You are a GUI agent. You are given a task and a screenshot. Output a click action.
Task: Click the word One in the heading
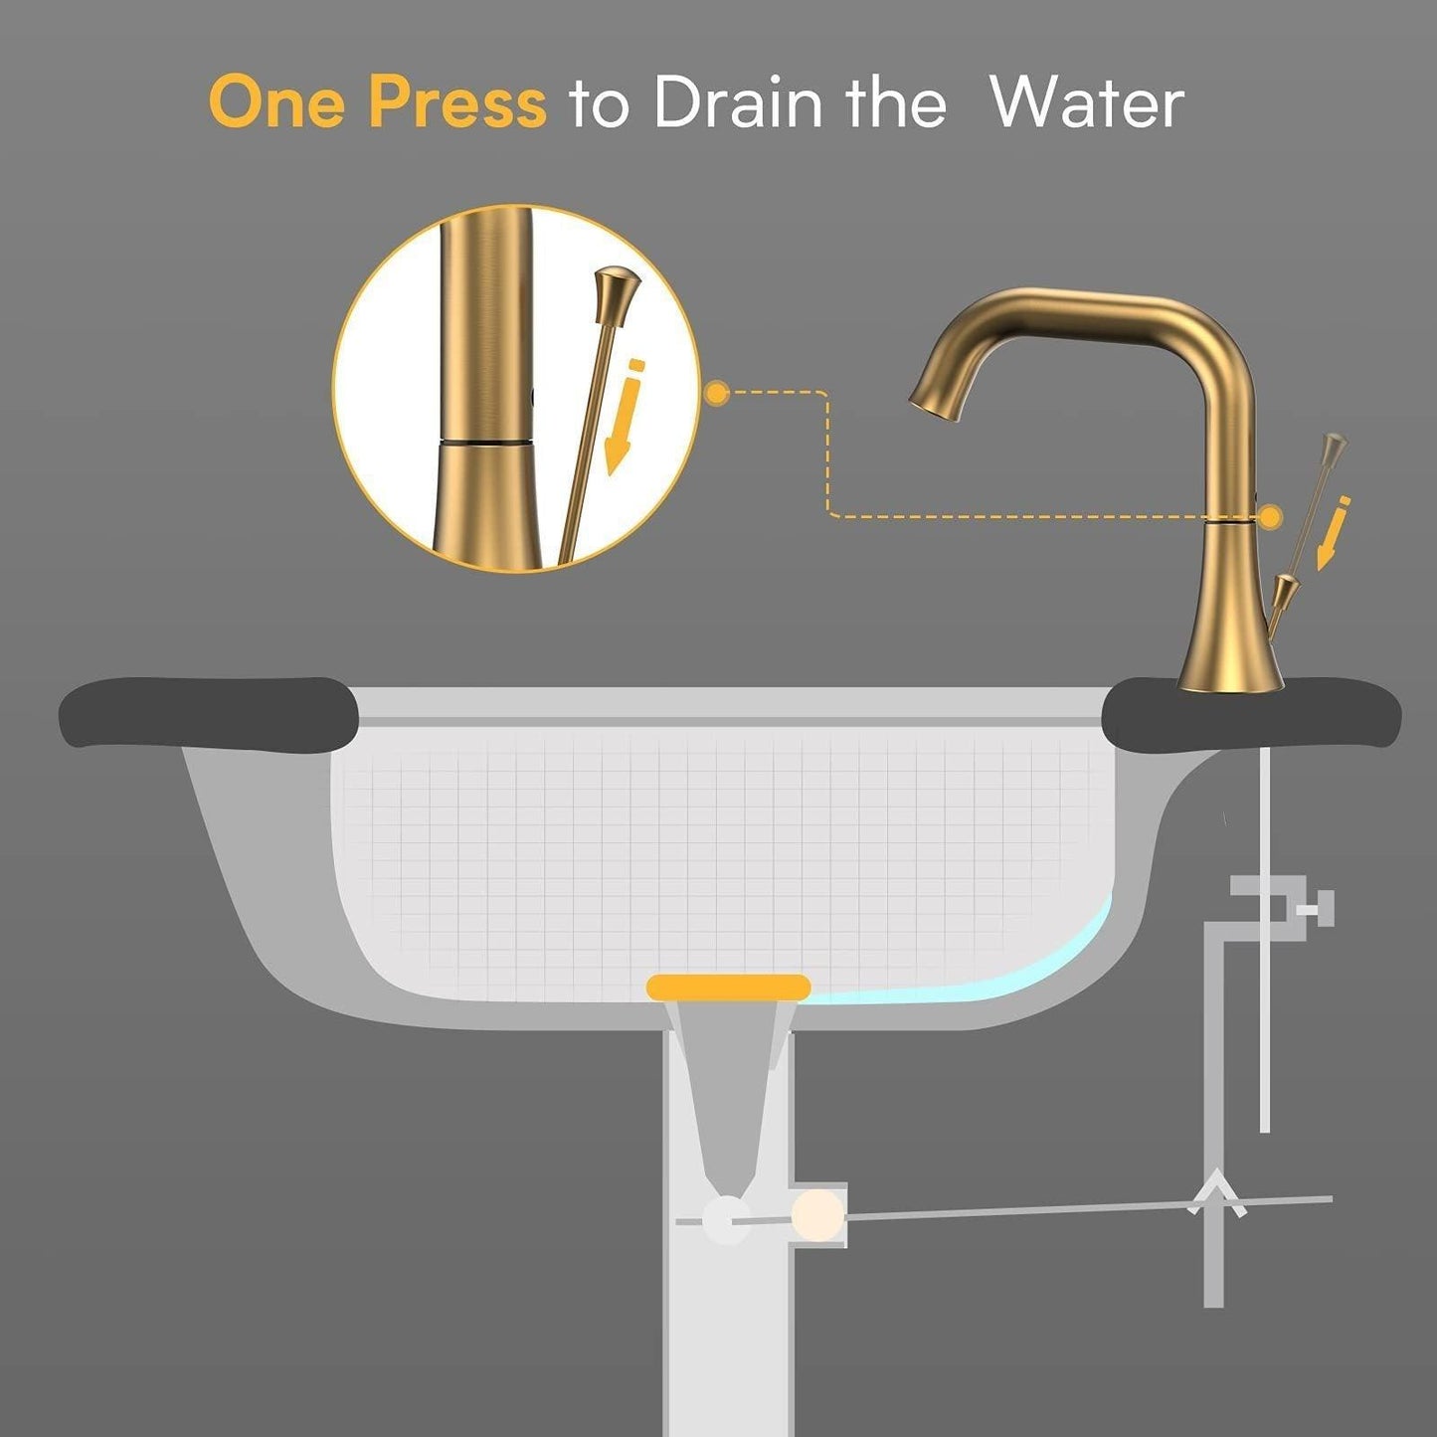coord(276,101)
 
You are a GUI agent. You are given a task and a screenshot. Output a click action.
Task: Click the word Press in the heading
coord(457,101)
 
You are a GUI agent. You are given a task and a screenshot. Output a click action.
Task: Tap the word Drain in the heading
coord(738,101)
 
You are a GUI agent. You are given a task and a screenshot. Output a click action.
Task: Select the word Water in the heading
coord(1087,101)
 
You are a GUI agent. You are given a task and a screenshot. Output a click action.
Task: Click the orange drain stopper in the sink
coord(728,987)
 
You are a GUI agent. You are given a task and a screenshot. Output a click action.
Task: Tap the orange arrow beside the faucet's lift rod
coord(1332,532)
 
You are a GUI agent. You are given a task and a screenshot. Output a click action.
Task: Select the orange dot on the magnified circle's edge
coord(717,393)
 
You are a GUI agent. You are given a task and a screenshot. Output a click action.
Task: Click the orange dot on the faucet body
coord(1270,516)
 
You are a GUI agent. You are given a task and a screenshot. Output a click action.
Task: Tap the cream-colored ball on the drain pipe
coord(817,1216)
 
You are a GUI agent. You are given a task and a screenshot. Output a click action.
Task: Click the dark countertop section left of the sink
coord(209,711)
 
